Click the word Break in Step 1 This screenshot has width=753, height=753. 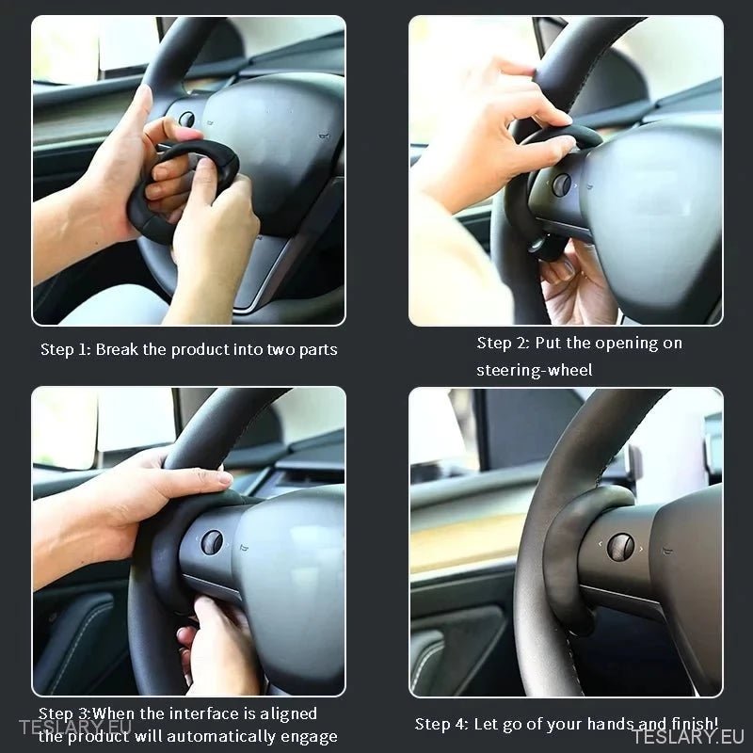point(116,350)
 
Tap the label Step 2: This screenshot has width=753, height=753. point(503,344)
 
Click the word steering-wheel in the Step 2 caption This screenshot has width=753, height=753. point(534,370)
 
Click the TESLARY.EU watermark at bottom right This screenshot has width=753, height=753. point(688,736)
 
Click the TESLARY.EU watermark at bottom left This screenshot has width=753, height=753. point(75,727)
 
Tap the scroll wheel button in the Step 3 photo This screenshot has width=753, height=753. point(212,542)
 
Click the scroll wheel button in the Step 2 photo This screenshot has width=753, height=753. point(561,184)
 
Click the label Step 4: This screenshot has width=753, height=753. point(441,724)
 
